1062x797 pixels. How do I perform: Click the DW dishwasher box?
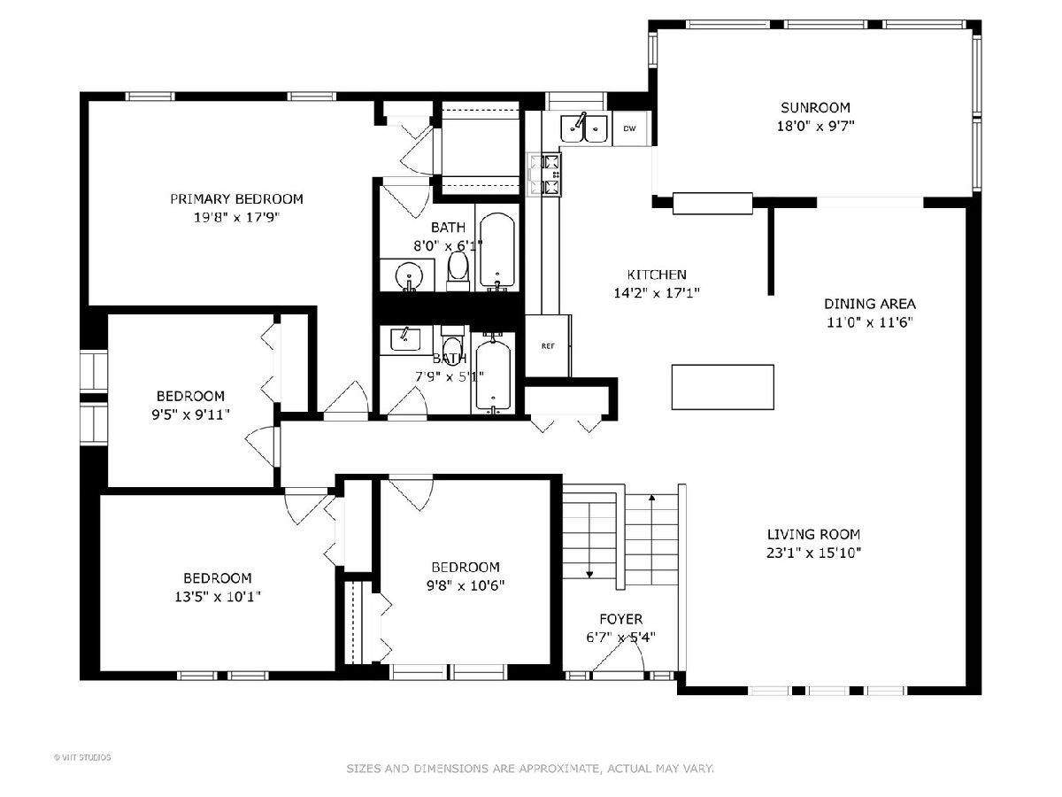click(629, 128)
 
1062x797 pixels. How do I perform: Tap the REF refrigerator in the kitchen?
click(548, 345)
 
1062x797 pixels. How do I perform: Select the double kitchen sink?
click(583, 129)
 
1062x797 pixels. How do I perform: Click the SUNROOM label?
click(815, 107)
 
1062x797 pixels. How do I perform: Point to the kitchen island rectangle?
click(722, 387)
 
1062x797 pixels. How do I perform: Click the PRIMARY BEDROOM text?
click(236, 199)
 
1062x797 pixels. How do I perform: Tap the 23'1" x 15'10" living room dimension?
click(814, 553)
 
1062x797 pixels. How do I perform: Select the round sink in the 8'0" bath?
click(409, 276)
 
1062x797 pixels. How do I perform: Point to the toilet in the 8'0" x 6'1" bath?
click(458, 271)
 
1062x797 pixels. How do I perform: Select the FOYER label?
click(620, 619)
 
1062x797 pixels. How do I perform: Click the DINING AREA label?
click(869, 304)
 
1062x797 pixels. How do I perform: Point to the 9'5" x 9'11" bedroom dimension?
click(190, 414)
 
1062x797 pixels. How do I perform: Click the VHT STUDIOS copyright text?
click(82, 757)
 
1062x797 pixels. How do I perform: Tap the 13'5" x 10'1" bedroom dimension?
click(217, 596)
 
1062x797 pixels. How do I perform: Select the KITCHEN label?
click(657, 275)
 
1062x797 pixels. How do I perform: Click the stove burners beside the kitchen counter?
click(545, 174)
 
